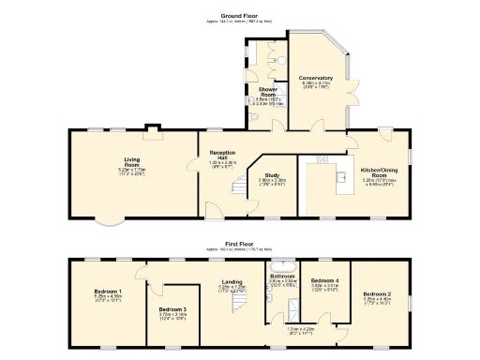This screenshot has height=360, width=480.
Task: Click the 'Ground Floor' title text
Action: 240,14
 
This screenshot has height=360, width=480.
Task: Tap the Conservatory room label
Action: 316,78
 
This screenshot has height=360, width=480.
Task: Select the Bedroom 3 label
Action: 172,309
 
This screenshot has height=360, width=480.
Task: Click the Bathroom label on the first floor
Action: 283,277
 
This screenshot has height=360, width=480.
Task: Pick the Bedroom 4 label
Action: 324,281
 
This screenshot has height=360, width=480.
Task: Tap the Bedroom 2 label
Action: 377,294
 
